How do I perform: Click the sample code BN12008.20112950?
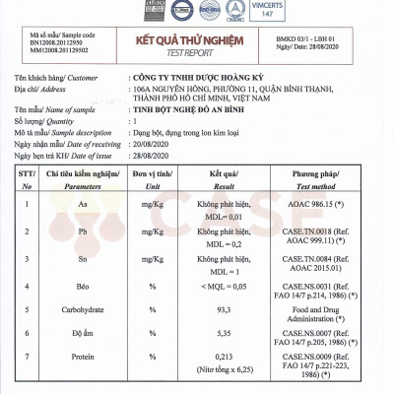47,43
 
